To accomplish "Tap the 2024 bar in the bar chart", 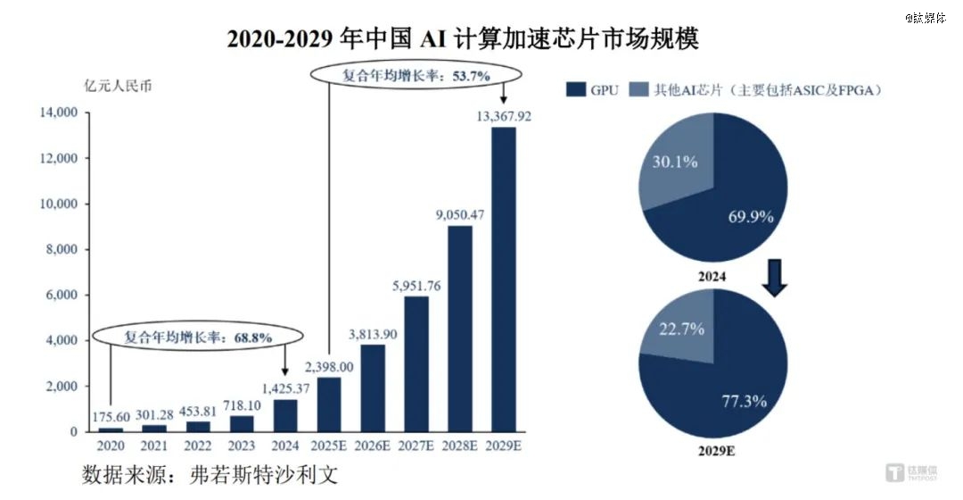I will (285, 415).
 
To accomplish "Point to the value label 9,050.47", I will (460, 214).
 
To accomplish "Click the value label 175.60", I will (111, 417).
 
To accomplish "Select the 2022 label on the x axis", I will (198, 446).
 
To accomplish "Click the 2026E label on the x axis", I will (373, 446).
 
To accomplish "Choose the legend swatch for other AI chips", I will (638, 89).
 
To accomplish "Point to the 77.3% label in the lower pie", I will (745, 400).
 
